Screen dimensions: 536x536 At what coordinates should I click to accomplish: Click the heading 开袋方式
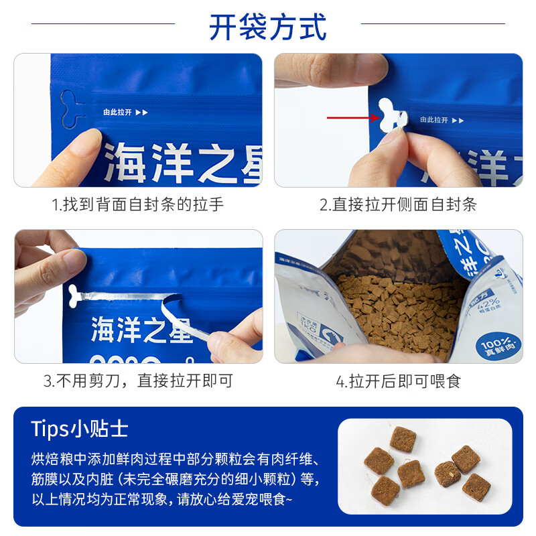pyautogui.click(x=268, y=27)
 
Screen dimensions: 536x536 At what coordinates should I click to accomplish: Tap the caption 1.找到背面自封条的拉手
pyautogui.click(x=138, y=205)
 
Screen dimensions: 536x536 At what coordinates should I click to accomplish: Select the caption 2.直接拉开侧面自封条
pyautogui.click(x=398, y=205)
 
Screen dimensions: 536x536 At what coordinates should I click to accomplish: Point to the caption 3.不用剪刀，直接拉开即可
pyautogui.click(x=138, y=382)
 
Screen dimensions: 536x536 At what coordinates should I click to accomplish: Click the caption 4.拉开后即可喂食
pyautogui.click(x=398, y=382)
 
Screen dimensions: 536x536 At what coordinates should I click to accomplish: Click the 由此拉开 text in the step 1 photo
pyautogui.click(x=117, y=113)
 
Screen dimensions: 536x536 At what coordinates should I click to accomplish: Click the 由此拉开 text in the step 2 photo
pyautogui.click(x=433, y=120)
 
